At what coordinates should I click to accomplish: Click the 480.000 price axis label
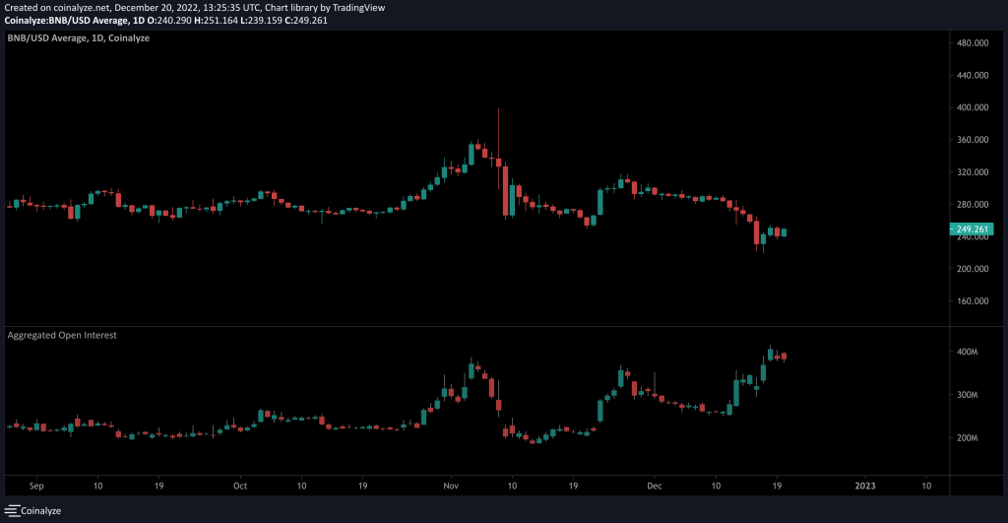coord(974,43)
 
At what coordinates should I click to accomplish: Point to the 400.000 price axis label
coord(974,107)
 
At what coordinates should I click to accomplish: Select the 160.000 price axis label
coord(974,301)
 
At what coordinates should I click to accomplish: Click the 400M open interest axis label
coord(967,352)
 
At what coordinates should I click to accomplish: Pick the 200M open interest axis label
coord(967,438)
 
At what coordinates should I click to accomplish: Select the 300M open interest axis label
coord(967,395)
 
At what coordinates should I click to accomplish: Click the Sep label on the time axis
coord(37,486)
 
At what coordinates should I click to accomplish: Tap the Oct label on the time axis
coord(240,486)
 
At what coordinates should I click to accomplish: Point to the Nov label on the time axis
coord(451,486)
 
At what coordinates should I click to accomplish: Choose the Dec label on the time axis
coord(655,486)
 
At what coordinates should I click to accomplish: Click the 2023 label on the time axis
coord(865,486)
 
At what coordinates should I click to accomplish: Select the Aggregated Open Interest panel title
coord(62,336)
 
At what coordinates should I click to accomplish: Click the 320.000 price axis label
coord(974,172)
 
